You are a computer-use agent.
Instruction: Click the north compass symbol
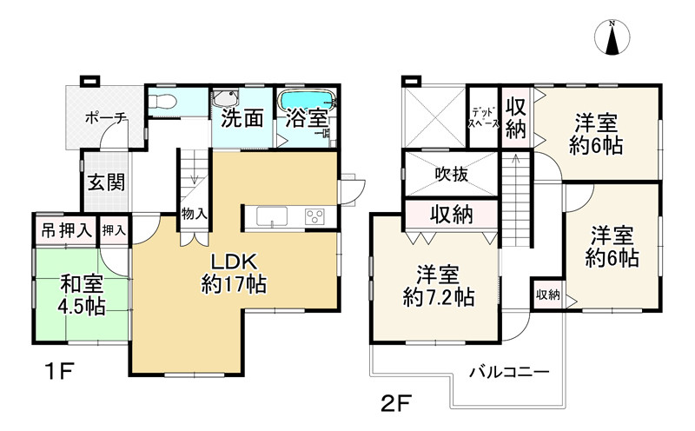click(x=615, y=38)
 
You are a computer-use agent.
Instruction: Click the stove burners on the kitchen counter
click(x=314, y=216)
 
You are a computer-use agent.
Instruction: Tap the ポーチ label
click(x=107, y=118)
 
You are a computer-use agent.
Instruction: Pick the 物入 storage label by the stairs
click(x=194, y=214)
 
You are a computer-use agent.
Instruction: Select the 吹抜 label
click(x=452, y=174)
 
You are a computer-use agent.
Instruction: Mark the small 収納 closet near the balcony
click(x=546, y=295)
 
